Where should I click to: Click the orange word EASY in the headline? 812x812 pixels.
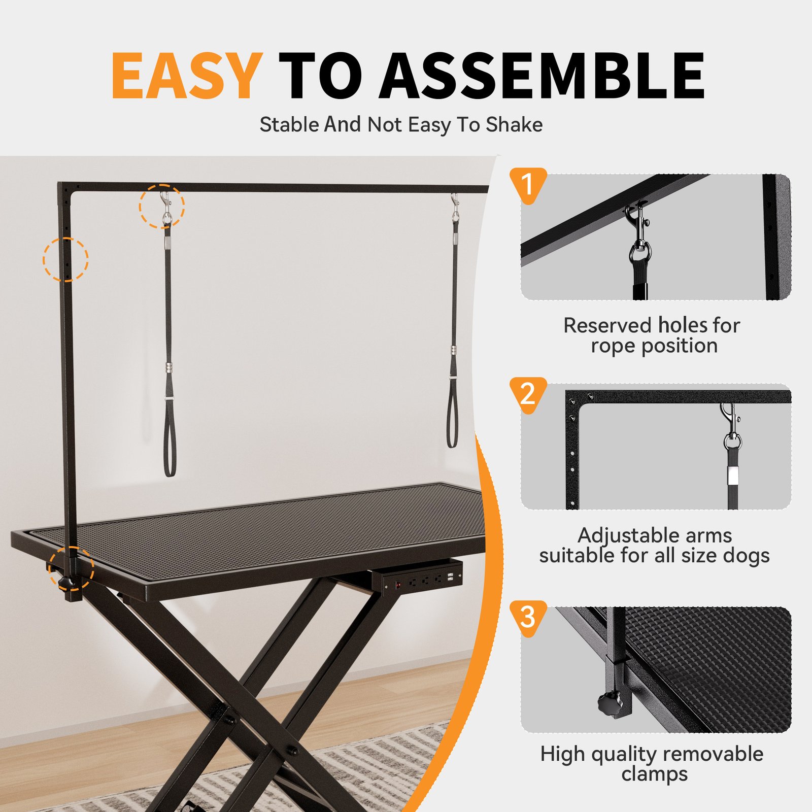(186, 76)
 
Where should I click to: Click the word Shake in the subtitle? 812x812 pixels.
(514, 125)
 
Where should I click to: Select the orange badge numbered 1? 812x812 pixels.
(528, 184)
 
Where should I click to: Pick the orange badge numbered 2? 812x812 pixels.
(528, 394)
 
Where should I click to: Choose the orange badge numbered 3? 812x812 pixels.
(528, 617)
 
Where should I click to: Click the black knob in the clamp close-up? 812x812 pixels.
(608, 703)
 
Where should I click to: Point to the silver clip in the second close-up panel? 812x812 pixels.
(730, 424)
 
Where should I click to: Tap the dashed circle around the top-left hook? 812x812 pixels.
(162, 206)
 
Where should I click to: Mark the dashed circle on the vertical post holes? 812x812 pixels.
(65, 259)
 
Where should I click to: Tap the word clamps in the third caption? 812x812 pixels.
(654, 774)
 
